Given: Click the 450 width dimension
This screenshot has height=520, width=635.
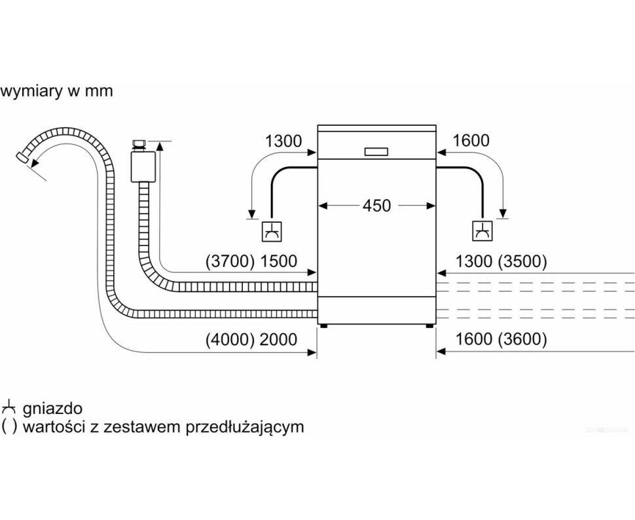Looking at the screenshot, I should pyautogui.click(x=376, y=206).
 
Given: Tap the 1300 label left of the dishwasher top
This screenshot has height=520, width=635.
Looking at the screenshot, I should pyautogui.click(x=283, y=141).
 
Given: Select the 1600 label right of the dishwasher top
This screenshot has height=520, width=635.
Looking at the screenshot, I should pyautogui.click(x=470, y=141).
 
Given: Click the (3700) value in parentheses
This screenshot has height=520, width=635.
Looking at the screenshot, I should pyautogui.click(x=229, y=261).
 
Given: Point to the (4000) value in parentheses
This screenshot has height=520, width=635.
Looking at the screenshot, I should pyautogui.click(x=228, y=340).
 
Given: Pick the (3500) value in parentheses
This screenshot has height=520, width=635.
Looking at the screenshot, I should pyautogui.click(x=522, y=261).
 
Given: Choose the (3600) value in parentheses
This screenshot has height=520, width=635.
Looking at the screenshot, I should pyautogui.click(x=522, y=340).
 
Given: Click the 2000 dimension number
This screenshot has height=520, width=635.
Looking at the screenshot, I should pyautogui.click(x=278, y=340).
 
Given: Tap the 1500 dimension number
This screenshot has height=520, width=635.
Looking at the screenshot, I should pyautogui.click(x=278, y=261).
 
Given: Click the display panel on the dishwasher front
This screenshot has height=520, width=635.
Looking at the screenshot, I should pyautogui.click(x=376, y=151).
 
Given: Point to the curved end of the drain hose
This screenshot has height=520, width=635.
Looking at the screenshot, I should pyautogui.click(x=25, y=158).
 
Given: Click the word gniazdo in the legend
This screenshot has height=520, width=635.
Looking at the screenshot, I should pyautogui.click(x=52, y=409).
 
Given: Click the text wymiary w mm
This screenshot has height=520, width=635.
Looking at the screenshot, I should pyautogui.click(x=57, y=92).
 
